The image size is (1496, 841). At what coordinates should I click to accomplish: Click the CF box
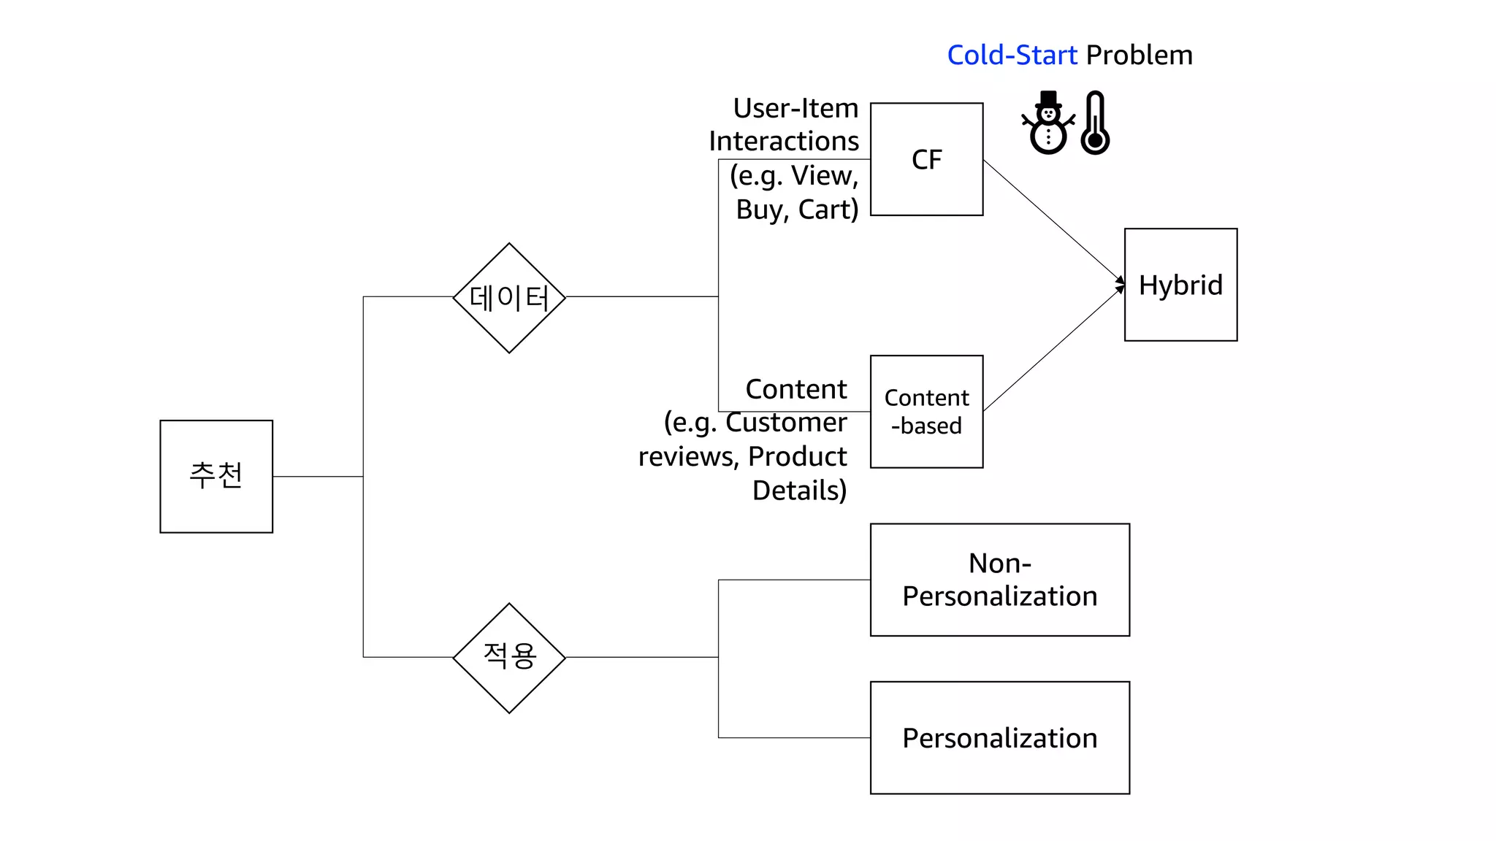coord(926,159)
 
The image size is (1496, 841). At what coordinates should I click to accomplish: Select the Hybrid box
coord(1180,285)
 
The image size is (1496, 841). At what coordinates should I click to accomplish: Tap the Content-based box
coord(926,412)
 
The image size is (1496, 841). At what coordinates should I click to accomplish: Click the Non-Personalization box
coord(999,580)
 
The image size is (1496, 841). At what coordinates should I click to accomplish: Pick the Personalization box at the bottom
coord(999,737)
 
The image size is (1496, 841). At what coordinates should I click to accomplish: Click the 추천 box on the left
coord(216,476)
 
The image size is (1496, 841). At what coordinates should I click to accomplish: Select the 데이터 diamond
coord(509,298)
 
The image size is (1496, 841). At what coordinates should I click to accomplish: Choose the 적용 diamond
coord(509,658)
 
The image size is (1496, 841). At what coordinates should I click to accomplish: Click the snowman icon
coord(1048,123)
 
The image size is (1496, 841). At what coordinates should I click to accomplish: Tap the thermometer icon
coord(1095,123)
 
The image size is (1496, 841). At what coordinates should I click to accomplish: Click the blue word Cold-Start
coord(1012,55)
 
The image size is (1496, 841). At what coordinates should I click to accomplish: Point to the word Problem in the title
coord(1139,55)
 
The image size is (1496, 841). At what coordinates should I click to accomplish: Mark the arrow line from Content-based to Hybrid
coord(1052,350)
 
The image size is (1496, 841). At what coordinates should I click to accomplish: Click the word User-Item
coord(795,108)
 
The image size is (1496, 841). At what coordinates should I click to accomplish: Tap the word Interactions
coord(784,141)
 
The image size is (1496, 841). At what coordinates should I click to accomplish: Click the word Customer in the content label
coord(786,422)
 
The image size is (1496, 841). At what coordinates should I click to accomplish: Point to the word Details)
coord(799,491)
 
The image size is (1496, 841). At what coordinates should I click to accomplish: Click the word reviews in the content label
coord(686,457)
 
